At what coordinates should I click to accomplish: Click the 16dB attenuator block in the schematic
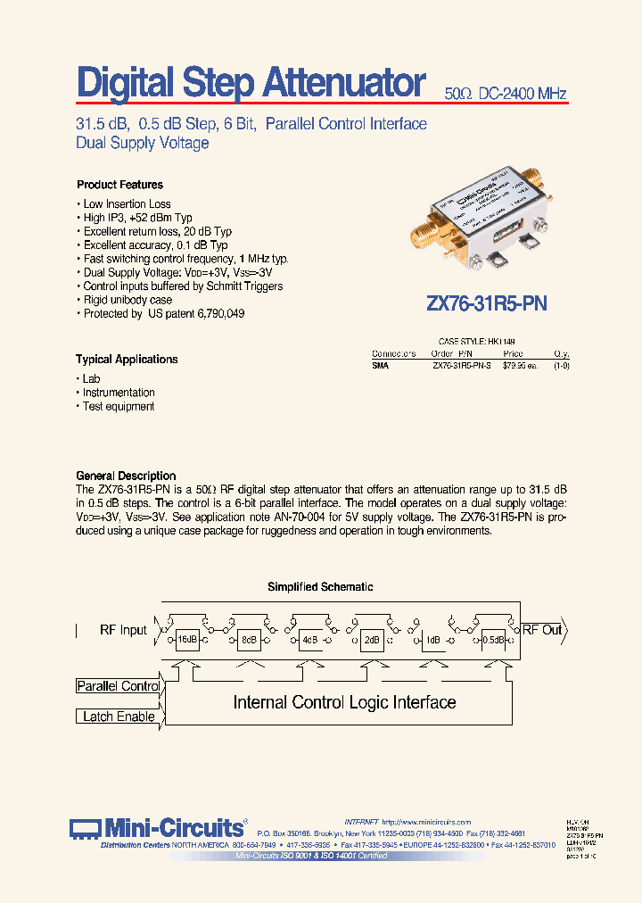[x=186, y=640]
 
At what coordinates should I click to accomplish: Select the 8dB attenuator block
[x=248, y=640]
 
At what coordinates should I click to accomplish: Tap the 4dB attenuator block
[x=309, y=640]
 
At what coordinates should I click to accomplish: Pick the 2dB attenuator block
[x=371, y=640]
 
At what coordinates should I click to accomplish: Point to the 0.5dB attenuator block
[x=493, y=640]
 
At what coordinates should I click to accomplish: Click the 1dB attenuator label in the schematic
[x=432, y=640]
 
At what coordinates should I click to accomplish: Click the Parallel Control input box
[x=118, y=686]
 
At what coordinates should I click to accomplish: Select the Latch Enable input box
[x=118, y=717]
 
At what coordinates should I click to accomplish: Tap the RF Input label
[x=123, y=630]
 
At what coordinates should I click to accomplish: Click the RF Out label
[x=542, y=630]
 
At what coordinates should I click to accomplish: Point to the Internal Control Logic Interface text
[x=344, y=703]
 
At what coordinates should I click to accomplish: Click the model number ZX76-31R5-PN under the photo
[x=487, y=303]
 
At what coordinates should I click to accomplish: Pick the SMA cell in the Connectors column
[x=380, y=365]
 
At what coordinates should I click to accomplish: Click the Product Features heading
[x=119, y=185]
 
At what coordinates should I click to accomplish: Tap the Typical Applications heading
[x=127, y=360]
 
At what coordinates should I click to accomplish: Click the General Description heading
[x=126, y=476]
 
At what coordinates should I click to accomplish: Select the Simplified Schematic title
[x=320, y=587]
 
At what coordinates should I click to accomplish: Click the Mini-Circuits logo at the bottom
[x=159, y=827]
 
